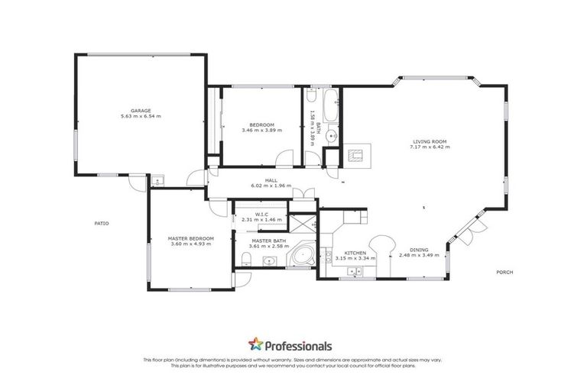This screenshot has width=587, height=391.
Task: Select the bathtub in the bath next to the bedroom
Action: (330, 106)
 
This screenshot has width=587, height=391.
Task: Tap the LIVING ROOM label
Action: (430, 141)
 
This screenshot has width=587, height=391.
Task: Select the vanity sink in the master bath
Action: (269, 262)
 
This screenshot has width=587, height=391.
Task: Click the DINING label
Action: (417, 250)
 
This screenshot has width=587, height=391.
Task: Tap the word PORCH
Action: (504, 272)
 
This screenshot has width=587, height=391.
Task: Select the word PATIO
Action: (102, 223)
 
